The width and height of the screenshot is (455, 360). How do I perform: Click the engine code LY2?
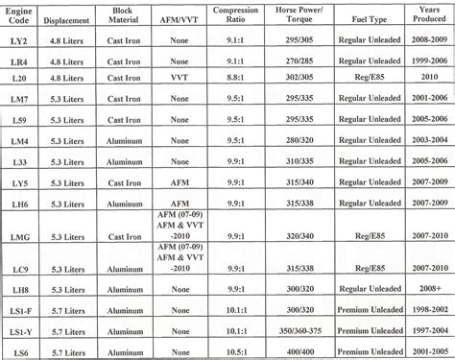coord(17,43)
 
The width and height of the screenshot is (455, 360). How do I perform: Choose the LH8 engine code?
coord(17,287)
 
